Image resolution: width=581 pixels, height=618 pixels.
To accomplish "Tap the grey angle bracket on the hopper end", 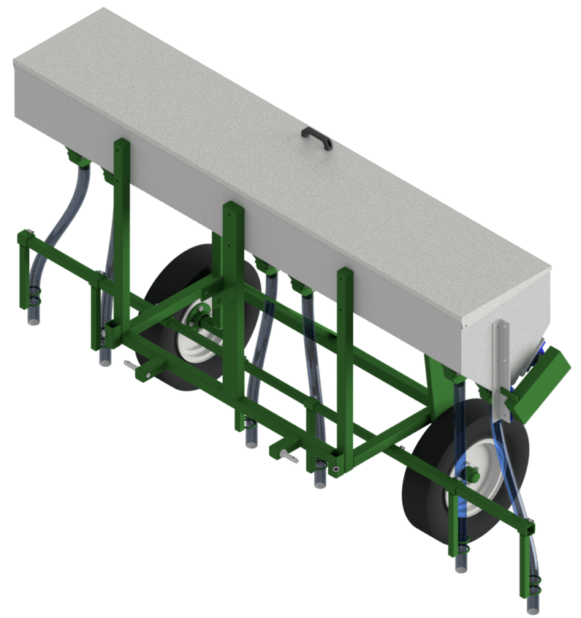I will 502,369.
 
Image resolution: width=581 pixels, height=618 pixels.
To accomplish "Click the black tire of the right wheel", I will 431,505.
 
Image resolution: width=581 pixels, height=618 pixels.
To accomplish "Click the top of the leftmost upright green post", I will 121,143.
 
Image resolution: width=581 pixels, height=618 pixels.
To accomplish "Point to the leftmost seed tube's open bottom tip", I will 33,322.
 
